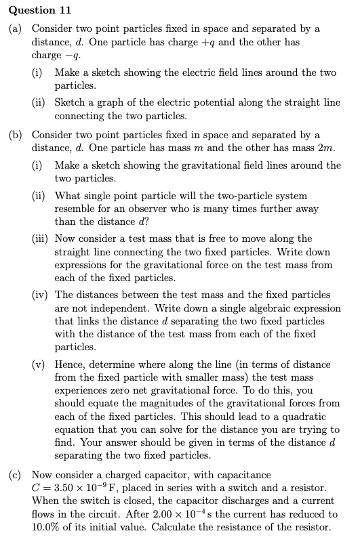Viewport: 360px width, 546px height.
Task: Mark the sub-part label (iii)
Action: pos(43,238)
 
